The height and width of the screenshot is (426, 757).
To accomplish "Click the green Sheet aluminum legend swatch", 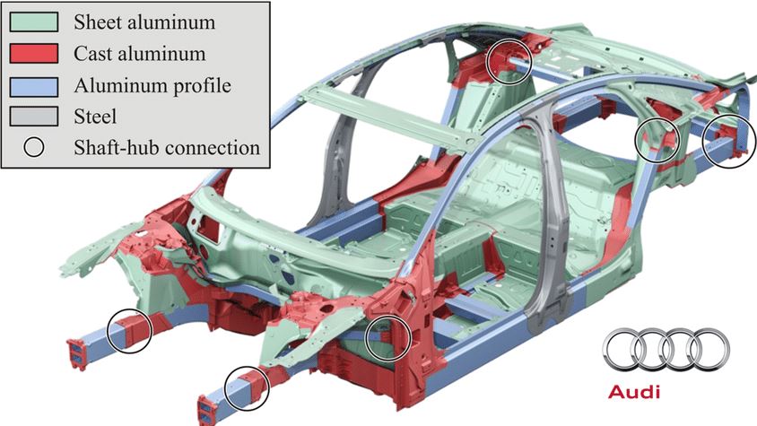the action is coord(34,22).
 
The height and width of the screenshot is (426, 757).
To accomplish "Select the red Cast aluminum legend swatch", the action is coord(34,53).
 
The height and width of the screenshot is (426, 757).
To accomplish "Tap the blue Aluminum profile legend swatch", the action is coord(34,86).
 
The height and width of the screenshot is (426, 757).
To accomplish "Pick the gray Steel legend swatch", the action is coord(34,117).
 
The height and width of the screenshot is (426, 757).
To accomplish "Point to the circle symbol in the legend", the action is coord(34,147).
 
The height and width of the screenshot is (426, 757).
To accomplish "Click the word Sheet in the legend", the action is coord(95,22).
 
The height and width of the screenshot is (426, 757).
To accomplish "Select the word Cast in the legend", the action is coord(91,53).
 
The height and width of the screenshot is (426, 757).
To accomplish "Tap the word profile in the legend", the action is coord(203,86).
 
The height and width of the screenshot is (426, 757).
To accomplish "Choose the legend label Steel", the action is coord(95,117).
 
